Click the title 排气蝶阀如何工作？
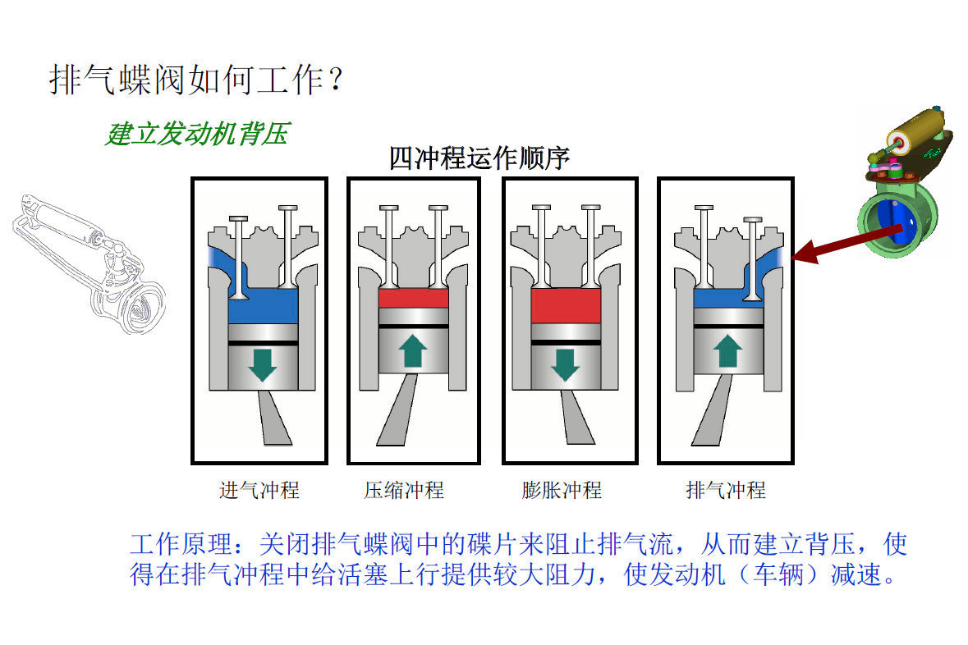pyautogui.click(x=195, y=80)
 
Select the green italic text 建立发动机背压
pyautogui.click(x=198, y=134)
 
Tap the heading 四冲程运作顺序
pyautogui.click(x=479, y=158)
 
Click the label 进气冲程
pyautogui.click(x=259, y=491)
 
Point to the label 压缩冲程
pyautogui.click(x=404, y=491)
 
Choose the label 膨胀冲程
pyautogui.click(x=562, y=491)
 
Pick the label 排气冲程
pyautogui.click(x=725, y=491)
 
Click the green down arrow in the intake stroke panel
pyautogui.click(x=263, y=365)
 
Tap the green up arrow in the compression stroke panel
pyautogui.click(x=413, y=351)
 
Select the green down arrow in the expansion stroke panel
pyautogui.click(x=565, y=365)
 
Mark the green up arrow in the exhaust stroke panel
pyautogui.click(x=728, y=351)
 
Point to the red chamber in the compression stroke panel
pyautogui.click(x=413, y=298)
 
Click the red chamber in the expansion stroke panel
pyautogui.click(x=566, y=305)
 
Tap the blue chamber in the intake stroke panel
pyautogui.click(x=263, y=305)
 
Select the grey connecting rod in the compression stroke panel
pyautogui.click(x=398, y=409)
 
